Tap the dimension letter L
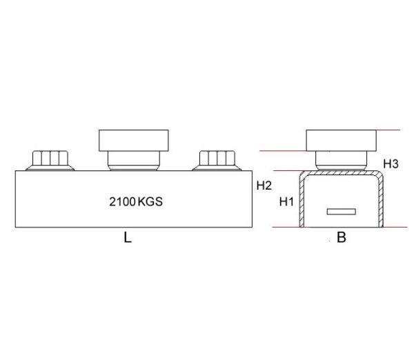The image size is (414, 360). click(x=128, y=239)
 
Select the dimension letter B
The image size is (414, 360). click(x=342, y=239)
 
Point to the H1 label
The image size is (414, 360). click(x=286, y=202)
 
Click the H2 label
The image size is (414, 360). click(x=264, y=186)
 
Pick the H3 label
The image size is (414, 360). click(x=391, y=164)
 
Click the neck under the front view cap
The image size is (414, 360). click(x=134, y=161)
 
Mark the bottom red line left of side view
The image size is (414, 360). click(x=283, y=227)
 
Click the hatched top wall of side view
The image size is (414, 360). click(x=341, y=173)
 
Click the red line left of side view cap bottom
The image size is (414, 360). click(x=283, y=152)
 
